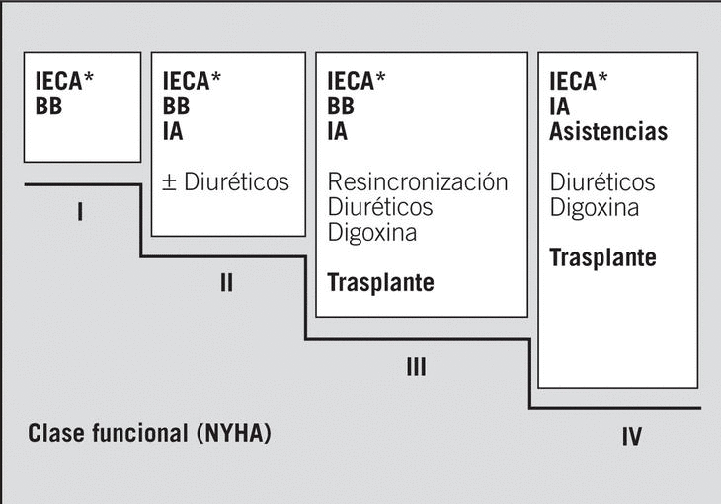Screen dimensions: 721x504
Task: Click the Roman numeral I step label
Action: click(x=79, y=211)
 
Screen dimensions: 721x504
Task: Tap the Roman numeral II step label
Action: click(x=226, y=284)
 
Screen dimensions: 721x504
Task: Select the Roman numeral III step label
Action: click(x=416, y=368)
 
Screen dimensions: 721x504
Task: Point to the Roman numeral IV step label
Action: click(x=632, y=437)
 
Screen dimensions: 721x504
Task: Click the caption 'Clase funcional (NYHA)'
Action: click(x=149, y=433)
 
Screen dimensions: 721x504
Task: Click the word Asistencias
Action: click(x=607, y=131)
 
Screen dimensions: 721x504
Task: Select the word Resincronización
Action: click(x=418, y=182)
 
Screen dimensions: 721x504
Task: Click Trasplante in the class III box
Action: click(x=380, y=283)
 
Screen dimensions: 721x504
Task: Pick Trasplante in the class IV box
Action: click(x=602, y=258)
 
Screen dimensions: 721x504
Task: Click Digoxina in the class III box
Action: click(x=371, y=233)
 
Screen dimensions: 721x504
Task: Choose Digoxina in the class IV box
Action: click(x=594, y=208)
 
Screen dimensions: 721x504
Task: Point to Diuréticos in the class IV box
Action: click(x=601, y=182)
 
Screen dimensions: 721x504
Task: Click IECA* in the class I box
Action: click(x=70, y=82)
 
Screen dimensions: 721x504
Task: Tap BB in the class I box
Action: click(x=48, y=107)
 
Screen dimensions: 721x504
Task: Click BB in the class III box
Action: click(x=341, y=107)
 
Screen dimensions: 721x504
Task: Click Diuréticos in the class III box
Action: click(x=379, y=208)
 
